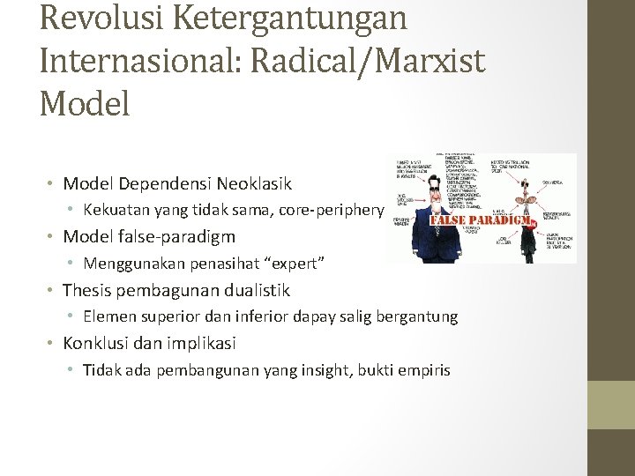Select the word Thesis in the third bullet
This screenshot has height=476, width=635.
(x=88, y=290)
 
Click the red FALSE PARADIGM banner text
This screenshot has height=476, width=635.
(x=482, y=219)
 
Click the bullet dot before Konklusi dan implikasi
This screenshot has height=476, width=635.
(x=52, y=344)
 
